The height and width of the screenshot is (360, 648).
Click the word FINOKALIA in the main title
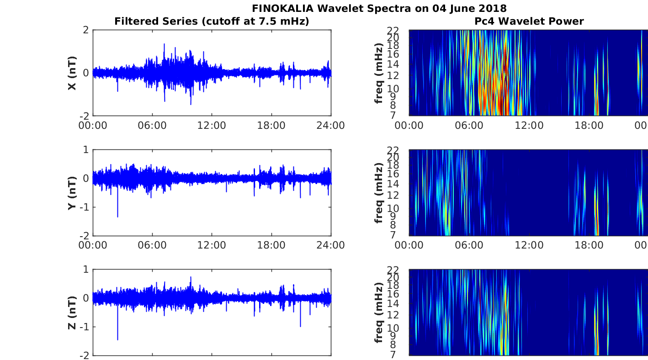click(282, 8)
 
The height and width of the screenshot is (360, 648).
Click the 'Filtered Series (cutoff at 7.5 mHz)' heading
click(212, 21)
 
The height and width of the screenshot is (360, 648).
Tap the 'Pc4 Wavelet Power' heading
click(529, 21)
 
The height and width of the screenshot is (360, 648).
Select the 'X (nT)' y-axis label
click(72, 73)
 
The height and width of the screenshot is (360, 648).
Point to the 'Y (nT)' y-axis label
click(72, 193)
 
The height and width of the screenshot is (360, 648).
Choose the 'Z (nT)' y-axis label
click(72, 312)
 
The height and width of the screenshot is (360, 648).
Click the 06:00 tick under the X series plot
click(152, 126)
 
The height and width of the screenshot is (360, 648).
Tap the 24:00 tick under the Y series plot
click(331, 245)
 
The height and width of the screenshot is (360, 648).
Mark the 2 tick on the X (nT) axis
click(85, 30)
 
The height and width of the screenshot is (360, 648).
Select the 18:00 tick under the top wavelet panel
click(589, 126)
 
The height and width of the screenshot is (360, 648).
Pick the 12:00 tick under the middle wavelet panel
click(529, 245)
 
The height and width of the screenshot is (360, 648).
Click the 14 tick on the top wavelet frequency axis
click(393, 64)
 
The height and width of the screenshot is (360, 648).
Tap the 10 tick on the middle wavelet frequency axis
click(393, 208)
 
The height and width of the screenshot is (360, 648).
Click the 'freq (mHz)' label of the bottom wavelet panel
click(379, 312)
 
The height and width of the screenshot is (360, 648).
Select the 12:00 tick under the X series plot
click(212, 126)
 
